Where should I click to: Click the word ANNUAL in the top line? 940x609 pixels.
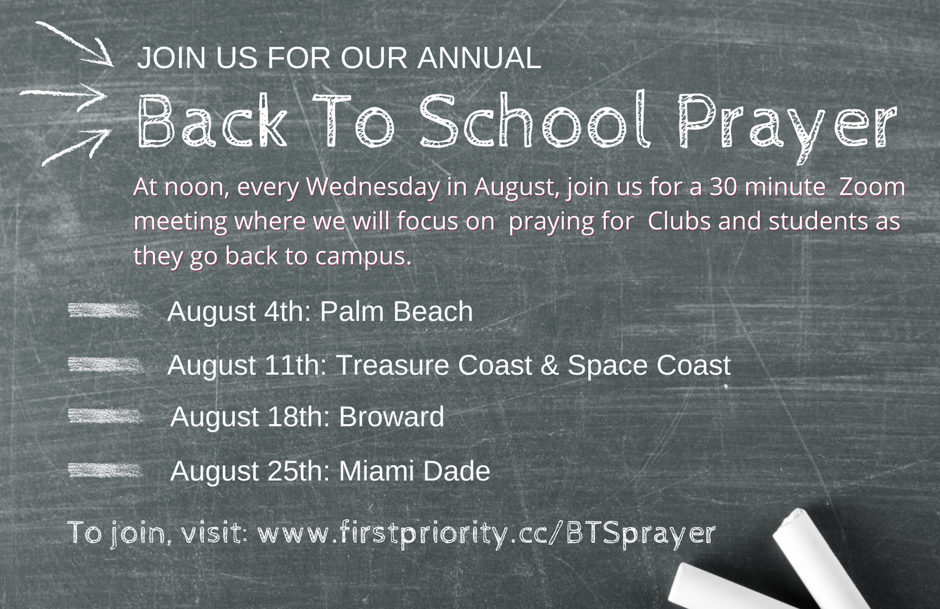(x=479, y=58)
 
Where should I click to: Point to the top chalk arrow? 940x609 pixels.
(x=75, y=44)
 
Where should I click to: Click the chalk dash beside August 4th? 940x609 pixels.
(x=105, y=311)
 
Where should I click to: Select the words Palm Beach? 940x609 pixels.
(x=397, y=312)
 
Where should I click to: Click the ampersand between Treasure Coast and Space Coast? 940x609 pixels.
(x=550, y=365)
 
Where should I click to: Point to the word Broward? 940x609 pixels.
(x=391, y=417)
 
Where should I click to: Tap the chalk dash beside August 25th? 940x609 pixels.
(x=105, y=470)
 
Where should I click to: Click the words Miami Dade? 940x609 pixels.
(x=415, y=471)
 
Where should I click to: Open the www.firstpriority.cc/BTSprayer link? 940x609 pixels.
(x=487, y=534)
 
